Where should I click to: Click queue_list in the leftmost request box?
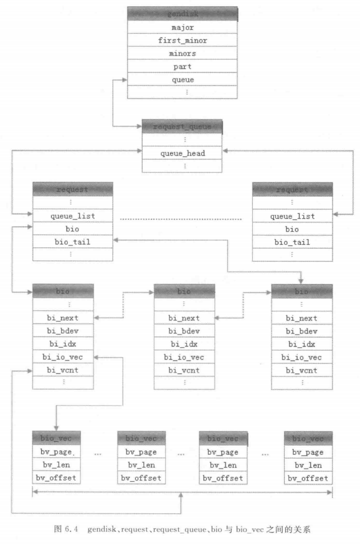[72, 216]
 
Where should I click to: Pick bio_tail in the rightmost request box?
[292, 242]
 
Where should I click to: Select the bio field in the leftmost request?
[72, 229]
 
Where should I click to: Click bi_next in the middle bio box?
[184, 318]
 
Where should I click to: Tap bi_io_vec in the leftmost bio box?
[63, 357]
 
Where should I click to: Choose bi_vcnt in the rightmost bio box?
[302, 370]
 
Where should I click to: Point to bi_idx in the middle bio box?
[184, 344]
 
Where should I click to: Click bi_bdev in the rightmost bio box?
[302, 331]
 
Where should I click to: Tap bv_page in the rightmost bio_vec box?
[308, 452]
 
